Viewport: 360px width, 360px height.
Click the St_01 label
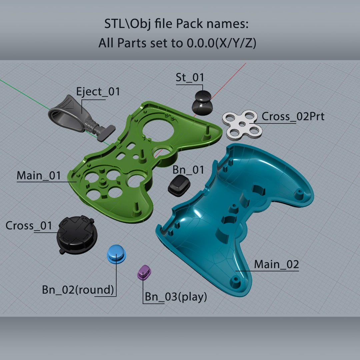click(x=190, y=78)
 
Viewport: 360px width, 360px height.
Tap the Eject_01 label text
click(x=98, y=92)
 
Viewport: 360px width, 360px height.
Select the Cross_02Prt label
click(x=293, y=116)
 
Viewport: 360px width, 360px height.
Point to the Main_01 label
click(x=39, y=176)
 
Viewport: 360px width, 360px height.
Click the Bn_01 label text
click(x=188, y=170)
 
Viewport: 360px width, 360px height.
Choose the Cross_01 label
click(x=29, y=226)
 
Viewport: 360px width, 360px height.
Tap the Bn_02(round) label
click(x=78, y=290)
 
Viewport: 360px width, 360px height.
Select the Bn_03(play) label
click(x=176, y=297)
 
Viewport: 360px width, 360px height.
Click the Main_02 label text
click(x=276, y=264)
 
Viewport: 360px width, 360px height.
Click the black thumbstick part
click(x=202, y=103)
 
